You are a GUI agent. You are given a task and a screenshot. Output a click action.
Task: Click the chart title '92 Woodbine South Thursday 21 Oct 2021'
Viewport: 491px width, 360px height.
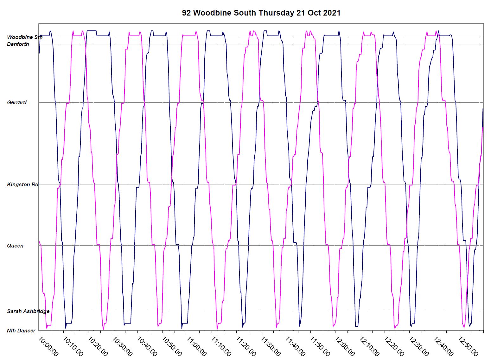261,13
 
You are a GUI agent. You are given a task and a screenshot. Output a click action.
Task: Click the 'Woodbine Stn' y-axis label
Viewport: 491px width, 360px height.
24,37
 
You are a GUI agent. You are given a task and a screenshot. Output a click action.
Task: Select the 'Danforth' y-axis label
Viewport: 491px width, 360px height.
18,44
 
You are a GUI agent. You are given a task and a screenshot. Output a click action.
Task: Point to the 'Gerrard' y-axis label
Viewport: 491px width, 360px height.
17,102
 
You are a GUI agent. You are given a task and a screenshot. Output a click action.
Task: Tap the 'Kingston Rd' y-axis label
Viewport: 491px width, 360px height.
22,184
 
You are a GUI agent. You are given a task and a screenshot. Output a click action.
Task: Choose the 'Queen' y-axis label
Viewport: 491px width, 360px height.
15,246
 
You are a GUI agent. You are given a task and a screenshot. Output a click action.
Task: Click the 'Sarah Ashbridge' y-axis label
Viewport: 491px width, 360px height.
28,311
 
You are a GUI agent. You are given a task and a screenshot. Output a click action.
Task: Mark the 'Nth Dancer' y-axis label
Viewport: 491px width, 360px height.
21,331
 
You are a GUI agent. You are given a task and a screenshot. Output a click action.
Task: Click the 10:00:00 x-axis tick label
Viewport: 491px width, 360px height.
48,346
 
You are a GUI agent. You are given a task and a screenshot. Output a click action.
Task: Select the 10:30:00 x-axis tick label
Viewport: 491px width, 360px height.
122,346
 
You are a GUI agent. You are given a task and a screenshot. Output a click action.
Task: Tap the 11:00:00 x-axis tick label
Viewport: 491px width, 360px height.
196,346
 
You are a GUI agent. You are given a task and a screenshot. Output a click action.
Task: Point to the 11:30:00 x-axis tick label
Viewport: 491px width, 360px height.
271,346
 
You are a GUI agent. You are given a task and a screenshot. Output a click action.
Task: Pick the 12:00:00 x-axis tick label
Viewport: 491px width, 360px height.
345,346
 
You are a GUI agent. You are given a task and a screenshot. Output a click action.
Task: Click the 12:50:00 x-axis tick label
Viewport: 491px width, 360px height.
468,346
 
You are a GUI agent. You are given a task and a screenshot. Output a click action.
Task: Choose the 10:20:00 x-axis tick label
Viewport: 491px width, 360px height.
98,346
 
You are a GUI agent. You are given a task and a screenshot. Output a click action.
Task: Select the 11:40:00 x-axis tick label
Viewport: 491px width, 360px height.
295,346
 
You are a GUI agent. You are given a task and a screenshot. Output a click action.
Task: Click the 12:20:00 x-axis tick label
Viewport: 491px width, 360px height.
394,346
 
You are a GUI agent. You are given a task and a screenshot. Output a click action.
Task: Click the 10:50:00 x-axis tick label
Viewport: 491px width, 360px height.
172,346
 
